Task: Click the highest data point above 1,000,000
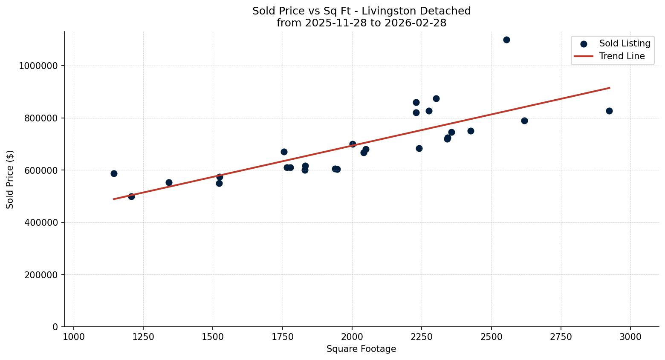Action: [506, 40]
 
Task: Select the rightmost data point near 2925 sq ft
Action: [609, 111]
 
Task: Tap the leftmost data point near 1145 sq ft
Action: [114, 173]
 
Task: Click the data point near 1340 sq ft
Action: [169, 182]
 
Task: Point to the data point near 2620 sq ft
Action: [524, 121]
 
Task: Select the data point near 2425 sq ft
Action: [471, 131]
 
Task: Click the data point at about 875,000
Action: [436, 98]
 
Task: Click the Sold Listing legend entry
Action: [625, 43]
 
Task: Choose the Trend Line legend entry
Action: [622, 56]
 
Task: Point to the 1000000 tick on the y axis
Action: [38, 66]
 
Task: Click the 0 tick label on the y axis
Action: [55, 327]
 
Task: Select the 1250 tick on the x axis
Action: [143, 337]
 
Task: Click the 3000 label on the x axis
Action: [630, 337]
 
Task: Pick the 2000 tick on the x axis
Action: [352, 337]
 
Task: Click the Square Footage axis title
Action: [361, 349]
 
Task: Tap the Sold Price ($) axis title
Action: [10, 179]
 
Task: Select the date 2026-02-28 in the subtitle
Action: [415, 23]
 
